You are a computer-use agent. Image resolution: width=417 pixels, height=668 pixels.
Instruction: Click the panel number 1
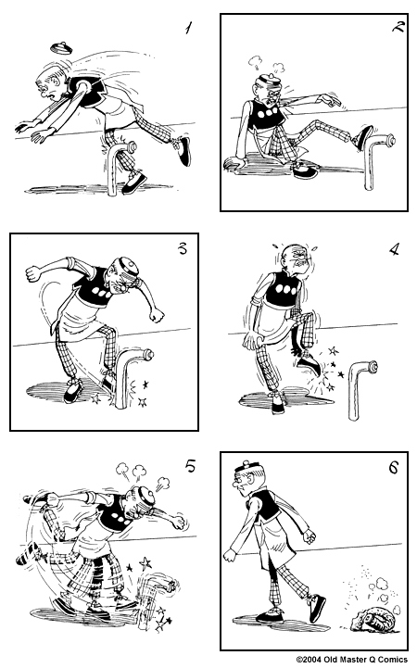188,29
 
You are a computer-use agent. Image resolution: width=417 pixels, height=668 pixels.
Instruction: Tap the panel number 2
398,27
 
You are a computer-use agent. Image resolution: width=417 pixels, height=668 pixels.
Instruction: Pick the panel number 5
190,466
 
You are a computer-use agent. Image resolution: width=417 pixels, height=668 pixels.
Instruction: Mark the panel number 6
393,468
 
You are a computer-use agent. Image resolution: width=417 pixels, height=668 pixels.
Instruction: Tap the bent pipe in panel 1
116,162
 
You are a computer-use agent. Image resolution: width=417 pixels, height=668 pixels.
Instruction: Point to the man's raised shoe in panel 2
362,135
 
